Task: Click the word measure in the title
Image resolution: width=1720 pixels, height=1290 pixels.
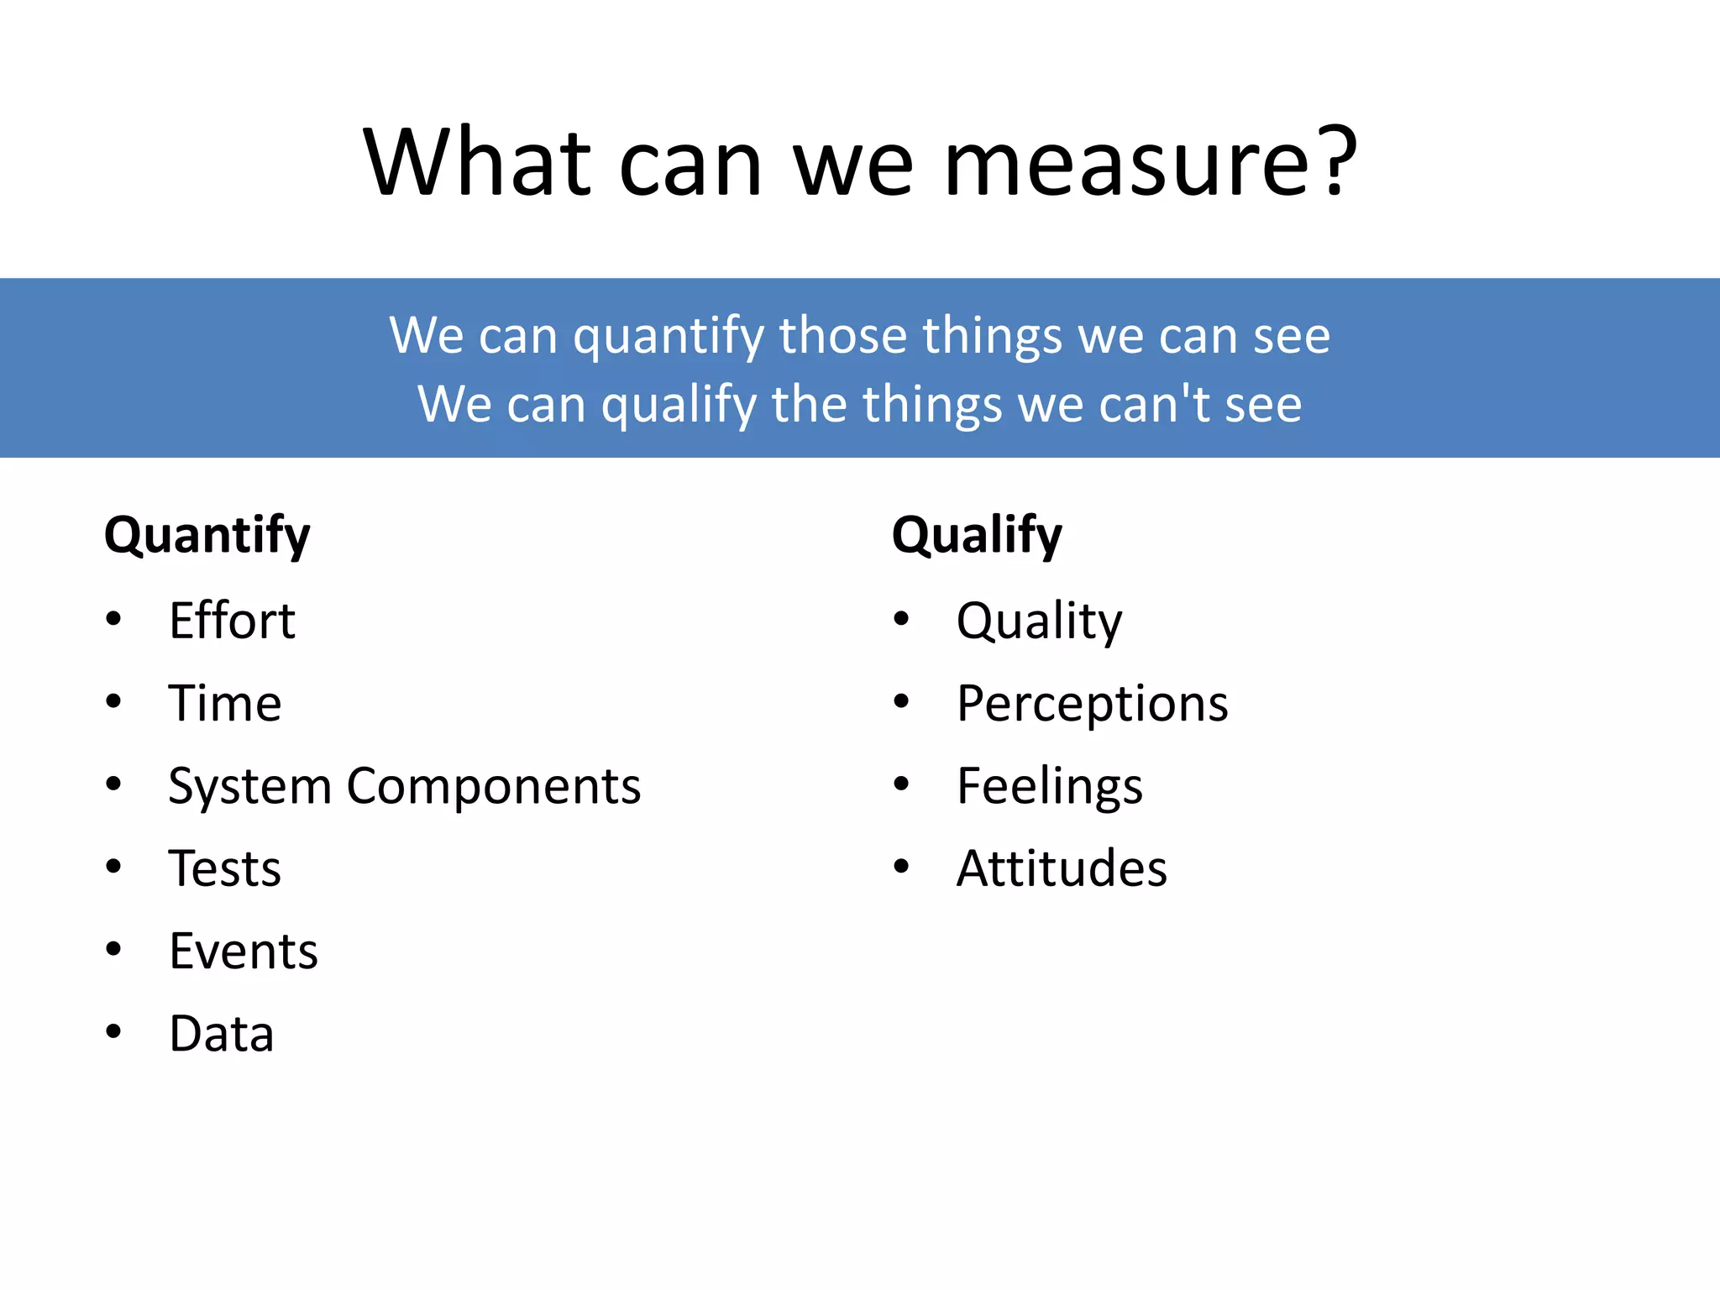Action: tap(1125, 164)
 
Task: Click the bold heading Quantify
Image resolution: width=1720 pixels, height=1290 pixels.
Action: tap(207, 536)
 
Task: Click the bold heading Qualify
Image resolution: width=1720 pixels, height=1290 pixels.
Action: tap(977, 536)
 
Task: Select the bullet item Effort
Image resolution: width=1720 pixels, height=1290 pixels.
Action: tap(232, 621)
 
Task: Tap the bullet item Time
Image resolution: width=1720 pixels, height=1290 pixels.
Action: tap(224, 704)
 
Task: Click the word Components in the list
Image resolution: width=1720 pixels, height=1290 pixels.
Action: tap(494, 786)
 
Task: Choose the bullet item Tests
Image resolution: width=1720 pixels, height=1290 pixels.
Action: tap(224, 868)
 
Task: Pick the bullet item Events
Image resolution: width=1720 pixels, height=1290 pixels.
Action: tap(244, 952)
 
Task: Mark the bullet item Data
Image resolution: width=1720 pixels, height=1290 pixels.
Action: tap(222, 1034)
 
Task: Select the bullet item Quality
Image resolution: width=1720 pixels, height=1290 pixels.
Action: tap(1039, 621)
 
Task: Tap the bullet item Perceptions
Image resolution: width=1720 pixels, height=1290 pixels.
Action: tap(1092, 704)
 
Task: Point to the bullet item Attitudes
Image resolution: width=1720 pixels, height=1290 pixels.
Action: tap(1062, 868)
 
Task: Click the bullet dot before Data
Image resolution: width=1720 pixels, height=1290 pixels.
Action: tap(113, 1032)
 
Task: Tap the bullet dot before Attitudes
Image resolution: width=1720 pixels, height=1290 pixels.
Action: tap(901, 867)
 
